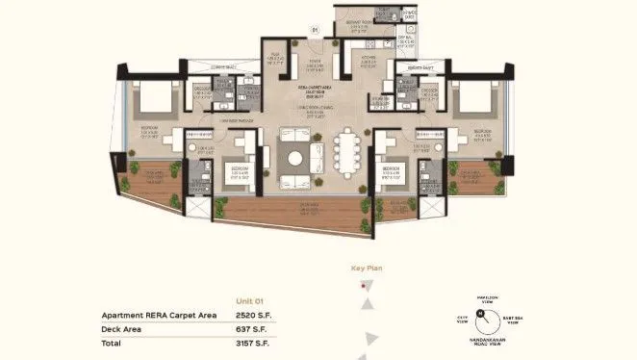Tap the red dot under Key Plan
tap(361, 286)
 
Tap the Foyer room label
tap(314, 65)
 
